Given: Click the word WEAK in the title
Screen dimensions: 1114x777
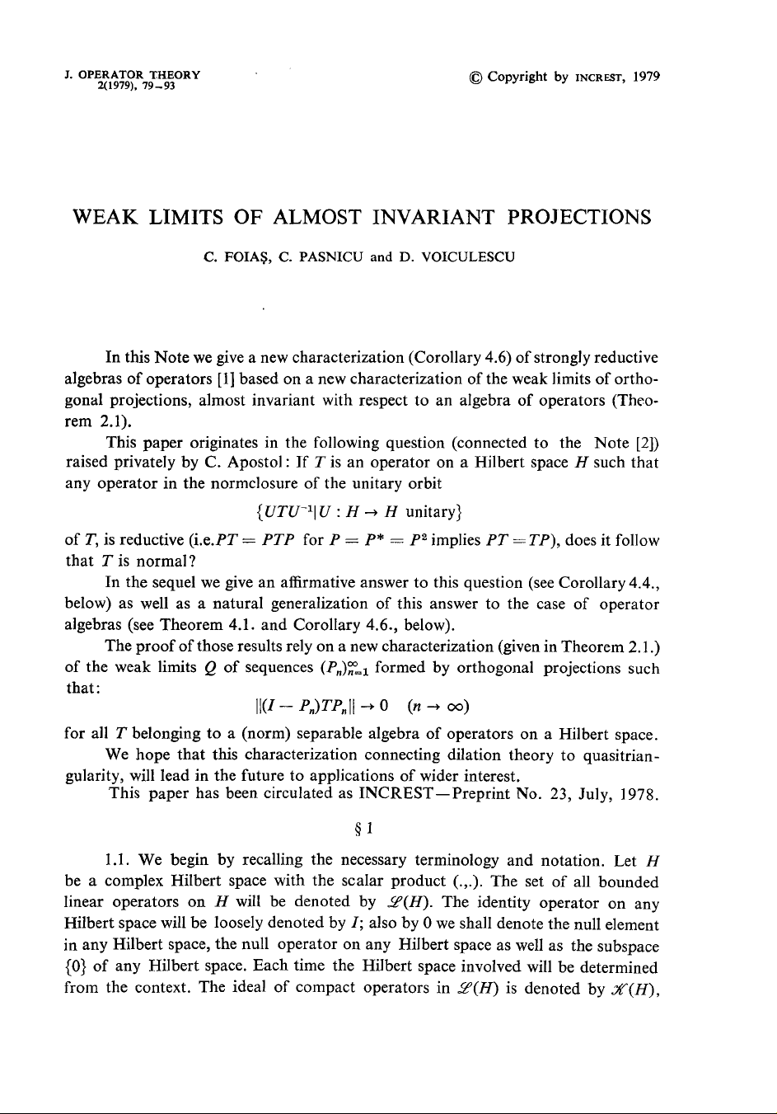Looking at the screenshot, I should pos(105,218).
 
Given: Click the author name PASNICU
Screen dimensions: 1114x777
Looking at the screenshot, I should pos(323,257).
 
